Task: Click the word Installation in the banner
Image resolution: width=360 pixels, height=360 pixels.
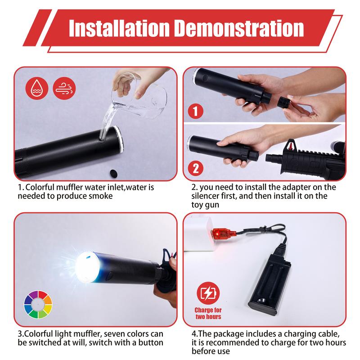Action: [119, 28]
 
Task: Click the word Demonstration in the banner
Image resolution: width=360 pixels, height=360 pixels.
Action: [239, 28]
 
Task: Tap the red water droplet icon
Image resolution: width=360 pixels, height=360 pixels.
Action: [37, 88]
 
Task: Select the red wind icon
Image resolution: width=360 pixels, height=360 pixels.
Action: [64, 88]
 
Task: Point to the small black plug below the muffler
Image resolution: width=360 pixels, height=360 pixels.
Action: [113, 174]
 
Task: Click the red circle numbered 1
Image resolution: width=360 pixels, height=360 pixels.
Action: [196, 111]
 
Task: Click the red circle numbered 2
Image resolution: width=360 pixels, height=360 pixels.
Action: [196, 168]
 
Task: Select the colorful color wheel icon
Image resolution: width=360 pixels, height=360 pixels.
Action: [38, 305]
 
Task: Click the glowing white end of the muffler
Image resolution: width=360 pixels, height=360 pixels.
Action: [87, 267]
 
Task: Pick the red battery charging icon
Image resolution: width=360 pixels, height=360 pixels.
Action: [208, 293]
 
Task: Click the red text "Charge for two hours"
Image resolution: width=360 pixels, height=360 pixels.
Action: [208, 313]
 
